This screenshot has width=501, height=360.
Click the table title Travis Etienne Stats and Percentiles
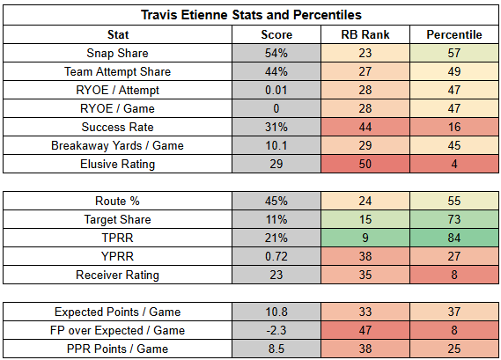point(251,15)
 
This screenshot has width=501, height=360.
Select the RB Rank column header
point(365,34)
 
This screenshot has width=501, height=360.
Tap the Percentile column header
point(454,34)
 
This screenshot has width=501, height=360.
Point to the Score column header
point(276,34)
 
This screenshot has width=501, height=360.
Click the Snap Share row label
point(117,53)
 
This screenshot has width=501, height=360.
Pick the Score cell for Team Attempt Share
point(276,71)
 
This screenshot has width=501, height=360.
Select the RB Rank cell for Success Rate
point(365,127)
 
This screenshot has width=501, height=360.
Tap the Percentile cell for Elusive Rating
point(454,165)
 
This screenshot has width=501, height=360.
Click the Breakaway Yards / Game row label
point(117,145)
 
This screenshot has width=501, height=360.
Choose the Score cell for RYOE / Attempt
point(276,90)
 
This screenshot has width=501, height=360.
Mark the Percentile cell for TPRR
point(454,238)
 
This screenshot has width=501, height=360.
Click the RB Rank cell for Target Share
point(365,219)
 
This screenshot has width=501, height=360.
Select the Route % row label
point(117,201)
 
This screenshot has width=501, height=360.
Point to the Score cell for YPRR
point(276,256)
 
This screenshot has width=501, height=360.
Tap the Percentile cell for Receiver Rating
point(454,275)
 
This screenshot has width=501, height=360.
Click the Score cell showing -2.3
point(276,330)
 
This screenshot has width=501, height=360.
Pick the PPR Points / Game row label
point(117,349)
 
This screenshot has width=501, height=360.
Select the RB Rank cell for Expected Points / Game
point(365,312)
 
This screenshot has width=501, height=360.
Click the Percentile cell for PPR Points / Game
point(454,349)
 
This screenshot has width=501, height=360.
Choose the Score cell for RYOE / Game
point(276,108)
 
